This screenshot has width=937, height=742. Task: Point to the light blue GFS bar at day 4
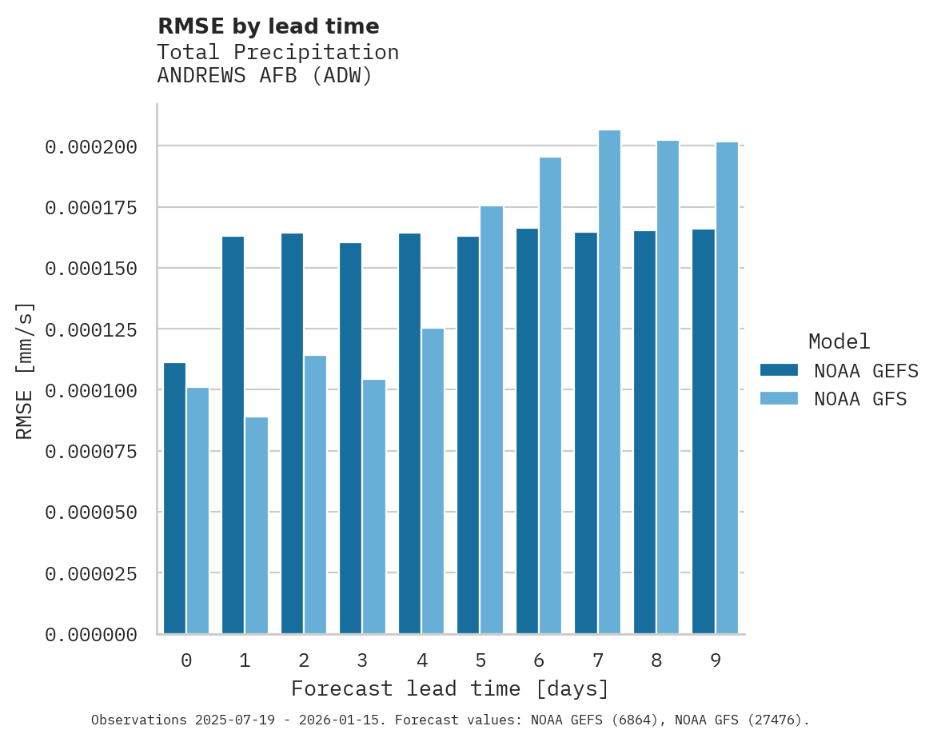tap(433, 481)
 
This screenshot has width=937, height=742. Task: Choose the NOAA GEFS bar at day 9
tap(704, 432)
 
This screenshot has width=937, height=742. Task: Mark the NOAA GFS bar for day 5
tap(492, 420)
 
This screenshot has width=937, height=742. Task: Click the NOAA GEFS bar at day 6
tap(527, 431)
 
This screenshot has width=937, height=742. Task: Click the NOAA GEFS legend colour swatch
tap(779, 369)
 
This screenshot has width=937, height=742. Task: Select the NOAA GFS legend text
tap(860, 398)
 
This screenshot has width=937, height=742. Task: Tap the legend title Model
tap(839, 341)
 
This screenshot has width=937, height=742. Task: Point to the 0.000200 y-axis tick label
tap(91, 147)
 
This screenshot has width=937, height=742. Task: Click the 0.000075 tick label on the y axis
tap(91, 452)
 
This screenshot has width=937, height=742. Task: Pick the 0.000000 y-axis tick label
tap(91, 635)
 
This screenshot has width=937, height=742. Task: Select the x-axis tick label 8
tap(656, 660)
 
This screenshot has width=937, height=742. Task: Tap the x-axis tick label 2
tap(304, 660)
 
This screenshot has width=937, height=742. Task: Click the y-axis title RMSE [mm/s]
tap(25, 370)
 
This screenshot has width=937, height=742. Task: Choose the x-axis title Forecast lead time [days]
tap(450, 688)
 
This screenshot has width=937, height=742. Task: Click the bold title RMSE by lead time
tap(268, 26)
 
